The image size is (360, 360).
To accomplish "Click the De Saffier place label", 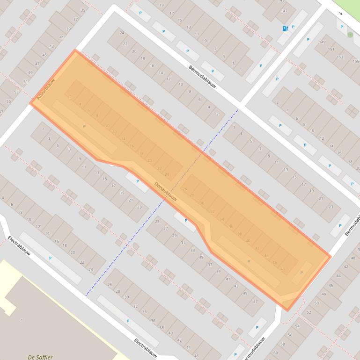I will [40, 357].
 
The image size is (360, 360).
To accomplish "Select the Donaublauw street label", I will [166, 191].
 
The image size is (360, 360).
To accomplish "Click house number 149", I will [322, 42].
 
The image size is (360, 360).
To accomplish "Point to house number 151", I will [331, 50].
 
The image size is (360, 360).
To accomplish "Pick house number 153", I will [340, 57].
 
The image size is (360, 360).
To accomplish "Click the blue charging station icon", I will [285, 29].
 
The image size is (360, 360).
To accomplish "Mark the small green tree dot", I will [350, 35].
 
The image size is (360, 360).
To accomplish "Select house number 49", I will [30, 72].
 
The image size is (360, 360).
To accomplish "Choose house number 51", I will [25, 81].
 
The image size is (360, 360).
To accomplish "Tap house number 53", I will [16, 92].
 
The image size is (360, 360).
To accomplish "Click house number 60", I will [275, 353].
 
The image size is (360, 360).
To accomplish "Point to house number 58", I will [282, 344].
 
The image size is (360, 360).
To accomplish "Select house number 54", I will [297, 326].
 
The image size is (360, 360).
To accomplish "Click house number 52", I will [309, 312].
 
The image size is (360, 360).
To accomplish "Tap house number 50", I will [316, 303].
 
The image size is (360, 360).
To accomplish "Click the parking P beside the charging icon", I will [293, 27].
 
